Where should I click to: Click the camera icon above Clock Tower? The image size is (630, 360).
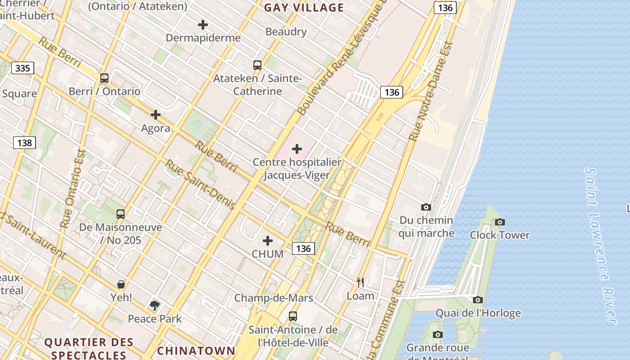pos(499,222)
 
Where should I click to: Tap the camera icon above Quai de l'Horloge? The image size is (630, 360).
pos(478,300)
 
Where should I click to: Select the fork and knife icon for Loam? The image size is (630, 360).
pos(360,283)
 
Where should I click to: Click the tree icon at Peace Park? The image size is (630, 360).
pos(155,306)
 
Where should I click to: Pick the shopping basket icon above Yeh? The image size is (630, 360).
pos(121,284)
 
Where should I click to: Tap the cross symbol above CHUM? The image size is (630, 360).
pos(268,241)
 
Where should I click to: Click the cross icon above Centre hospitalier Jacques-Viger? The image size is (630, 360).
pos(297,149)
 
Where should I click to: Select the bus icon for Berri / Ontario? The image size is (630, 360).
pos(104,78)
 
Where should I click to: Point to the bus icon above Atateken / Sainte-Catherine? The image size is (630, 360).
pos(257,65)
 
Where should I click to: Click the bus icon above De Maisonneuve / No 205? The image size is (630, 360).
pos(121,214)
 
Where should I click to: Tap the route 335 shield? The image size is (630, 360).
pos(22,68)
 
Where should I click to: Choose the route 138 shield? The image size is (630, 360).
pos(24,143)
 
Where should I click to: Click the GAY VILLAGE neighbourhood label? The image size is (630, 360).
pos(304,8)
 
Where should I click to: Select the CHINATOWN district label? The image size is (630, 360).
pos(196,351)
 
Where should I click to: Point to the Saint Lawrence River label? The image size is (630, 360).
pos(601,245)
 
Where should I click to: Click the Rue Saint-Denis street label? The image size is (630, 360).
pos(201,185)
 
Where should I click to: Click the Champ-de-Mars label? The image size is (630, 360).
pos(274,298)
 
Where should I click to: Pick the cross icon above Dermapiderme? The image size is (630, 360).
pos(203,25)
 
